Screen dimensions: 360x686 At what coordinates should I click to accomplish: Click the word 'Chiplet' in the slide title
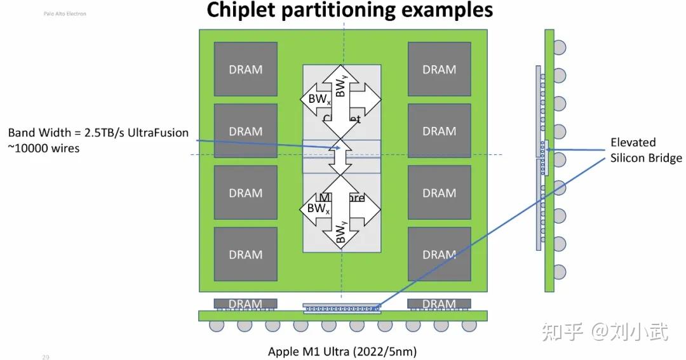(x=246, y=10)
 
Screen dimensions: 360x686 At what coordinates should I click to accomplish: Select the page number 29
(x=46, y=357)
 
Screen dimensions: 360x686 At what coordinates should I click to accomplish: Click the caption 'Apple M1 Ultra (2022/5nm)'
(x=342, y=351)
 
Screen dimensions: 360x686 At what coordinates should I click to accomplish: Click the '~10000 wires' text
(x=44, y=149)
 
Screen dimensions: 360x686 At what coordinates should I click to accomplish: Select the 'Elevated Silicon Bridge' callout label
(x=646, y=150)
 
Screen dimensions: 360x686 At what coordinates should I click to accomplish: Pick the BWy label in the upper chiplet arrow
(x=341, y=89)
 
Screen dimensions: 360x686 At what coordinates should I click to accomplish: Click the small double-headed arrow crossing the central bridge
(x=342, y=156)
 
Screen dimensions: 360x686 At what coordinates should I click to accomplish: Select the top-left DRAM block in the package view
(x=245, y=69)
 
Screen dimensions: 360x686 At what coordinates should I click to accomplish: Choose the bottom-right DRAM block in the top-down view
(x=439, y=254)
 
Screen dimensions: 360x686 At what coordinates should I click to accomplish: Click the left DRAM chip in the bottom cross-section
(x=245, y=303)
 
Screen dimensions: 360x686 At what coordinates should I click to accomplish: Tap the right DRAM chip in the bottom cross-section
(x=439, y=303)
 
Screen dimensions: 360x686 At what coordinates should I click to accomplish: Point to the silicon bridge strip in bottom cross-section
(x=342, y=309)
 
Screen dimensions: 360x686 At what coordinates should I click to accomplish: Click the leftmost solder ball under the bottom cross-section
(x=216, y=326)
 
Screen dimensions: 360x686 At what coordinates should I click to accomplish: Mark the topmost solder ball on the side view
(x=559, y=47)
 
